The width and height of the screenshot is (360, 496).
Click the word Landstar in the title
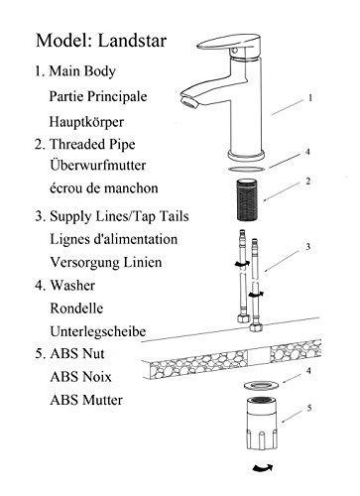coord(132,41)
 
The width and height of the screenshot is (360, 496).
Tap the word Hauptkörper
coord(86,122)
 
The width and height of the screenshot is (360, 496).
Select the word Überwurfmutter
coord(98,165)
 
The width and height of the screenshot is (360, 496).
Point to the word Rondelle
coord(76,309)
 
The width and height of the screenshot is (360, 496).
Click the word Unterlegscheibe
coord(98,331)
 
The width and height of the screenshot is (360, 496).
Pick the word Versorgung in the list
coord(84,263)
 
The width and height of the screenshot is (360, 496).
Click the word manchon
coord(133,188)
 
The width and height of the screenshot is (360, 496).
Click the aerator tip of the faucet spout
coord(190,100)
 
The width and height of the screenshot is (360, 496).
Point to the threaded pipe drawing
coord(247,200)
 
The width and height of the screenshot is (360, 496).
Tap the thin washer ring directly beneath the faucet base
coord(247,169)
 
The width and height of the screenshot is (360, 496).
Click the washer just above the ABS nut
coord(262,386)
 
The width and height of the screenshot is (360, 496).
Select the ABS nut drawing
coord(262,424)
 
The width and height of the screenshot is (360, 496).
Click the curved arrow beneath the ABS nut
coord(263,467)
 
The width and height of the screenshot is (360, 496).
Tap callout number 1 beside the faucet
coord(310,98)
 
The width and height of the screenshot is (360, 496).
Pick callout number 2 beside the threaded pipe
coord(308,182)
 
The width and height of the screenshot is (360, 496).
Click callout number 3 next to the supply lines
coord(308,247)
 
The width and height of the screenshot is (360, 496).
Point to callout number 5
coord(309,408)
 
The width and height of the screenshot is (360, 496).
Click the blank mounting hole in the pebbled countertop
coord(259,357)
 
